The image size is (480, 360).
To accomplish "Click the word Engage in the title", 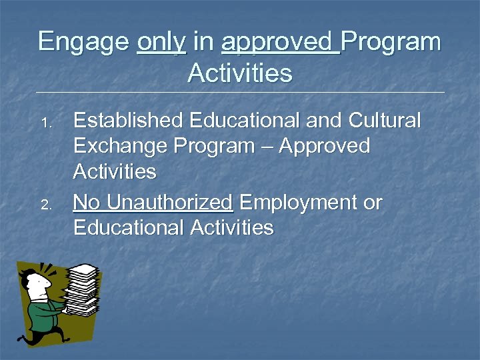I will (x=84, y=42).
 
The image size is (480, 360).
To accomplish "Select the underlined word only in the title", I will (x=161, y=42).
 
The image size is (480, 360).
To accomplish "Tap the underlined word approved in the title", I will (x=279, y=42).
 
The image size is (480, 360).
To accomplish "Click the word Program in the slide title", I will (x=393, y=42).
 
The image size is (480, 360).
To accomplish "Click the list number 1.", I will (x=45, y=124).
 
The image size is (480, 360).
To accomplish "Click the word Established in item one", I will (x=128, y=121).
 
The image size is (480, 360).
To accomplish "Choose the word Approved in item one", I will (x=325, y=146).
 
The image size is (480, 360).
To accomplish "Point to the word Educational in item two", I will (x=129, y=227).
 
